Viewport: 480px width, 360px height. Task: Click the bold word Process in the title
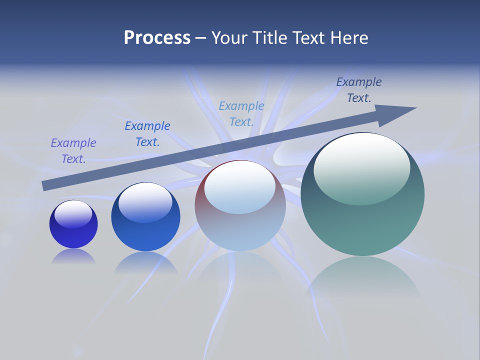[157, 38]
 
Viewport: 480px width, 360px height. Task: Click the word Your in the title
[230, 38]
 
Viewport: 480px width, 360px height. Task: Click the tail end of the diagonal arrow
[45, 185]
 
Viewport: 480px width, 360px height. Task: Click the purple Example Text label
[73, 151]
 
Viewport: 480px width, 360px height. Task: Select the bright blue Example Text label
[147, 134]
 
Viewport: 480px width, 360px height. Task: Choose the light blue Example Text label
[241, 114]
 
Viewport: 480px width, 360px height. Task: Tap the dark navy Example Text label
[359, 90]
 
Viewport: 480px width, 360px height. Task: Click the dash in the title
[201, 38]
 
